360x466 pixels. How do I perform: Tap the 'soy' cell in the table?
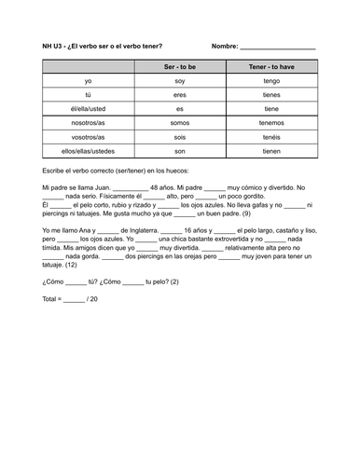pyautogui.click(x=180, y=82)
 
